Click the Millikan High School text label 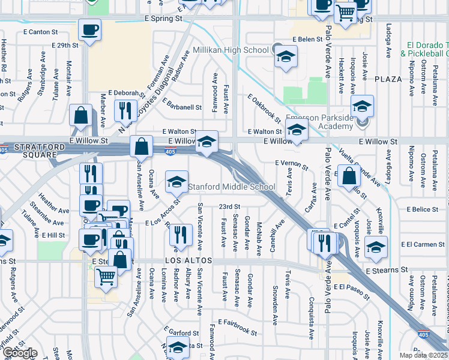[x=231, y=50]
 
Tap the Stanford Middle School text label [x=232, y=187]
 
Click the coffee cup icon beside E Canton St [x=89, y=29]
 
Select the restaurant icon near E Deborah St [x=125, y=109]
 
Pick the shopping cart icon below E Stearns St [x=106, y=277]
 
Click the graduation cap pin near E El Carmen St [x=376, y=247]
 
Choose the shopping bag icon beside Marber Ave [x=80, y=116]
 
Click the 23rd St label [x=229, y=206]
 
